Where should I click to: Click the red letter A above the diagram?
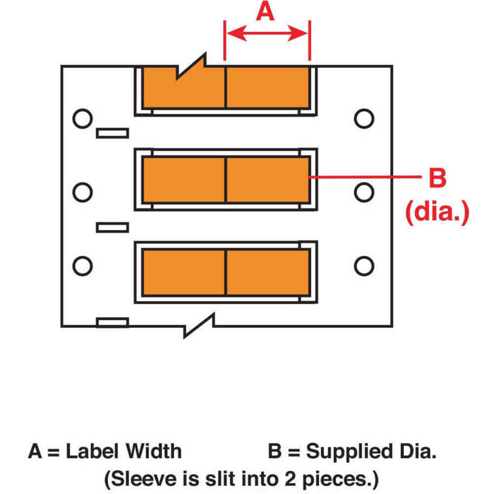point(265,11)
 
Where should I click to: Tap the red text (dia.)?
point(436,213)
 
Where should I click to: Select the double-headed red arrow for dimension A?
point(267,34)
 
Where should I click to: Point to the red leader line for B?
point(363,176)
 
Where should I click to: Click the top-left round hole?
point(82,119)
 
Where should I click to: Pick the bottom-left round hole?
point(82,265)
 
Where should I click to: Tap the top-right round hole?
point(364,119)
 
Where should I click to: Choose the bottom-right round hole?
point(364,265)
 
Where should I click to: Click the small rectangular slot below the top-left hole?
point(112,133)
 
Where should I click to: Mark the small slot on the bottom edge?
point(112,323)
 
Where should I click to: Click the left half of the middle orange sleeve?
point(184,180)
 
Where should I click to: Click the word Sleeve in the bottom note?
point(137,478)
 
